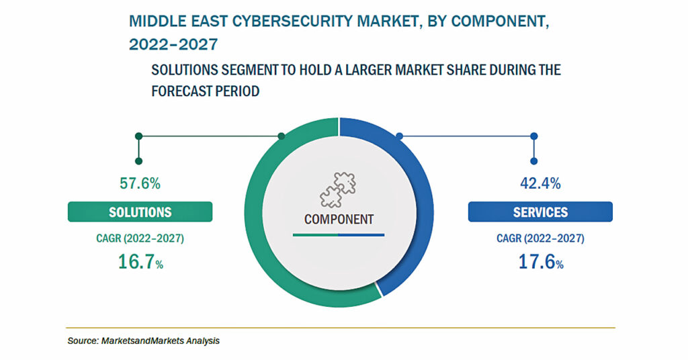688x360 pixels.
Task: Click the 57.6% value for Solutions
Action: click(140, 183)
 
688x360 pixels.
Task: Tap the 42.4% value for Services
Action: click(540, 183)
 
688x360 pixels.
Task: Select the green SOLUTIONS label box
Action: click(140, 212)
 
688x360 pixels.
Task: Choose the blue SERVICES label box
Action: click(540, 212)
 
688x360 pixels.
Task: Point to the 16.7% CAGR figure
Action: click(140, 262)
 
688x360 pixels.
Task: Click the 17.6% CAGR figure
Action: click(541, 262)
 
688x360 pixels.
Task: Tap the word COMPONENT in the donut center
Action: click(339, 219)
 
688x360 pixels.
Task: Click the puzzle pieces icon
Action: click(337, 189)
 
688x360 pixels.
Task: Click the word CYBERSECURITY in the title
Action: click(294, 21)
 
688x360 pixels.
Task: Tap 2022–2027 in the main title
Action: click(173, 44)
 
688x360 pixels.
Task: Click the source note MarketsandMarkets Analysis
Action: click(160, 341)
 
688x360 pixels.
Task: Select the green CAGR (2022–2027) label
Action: click(140, 238)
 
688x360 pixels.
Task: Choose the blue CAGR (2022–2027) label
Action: click(540, 238)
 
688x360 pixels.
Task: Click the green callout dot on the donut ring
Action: click(282, 136)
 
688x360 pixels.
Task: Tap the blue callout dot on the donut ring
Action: click(399, 136)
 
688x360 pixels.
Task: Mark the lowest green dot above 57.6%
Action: click(138, 161)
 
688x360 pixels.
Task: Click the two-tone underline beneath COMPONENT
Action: click(339, 235)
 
